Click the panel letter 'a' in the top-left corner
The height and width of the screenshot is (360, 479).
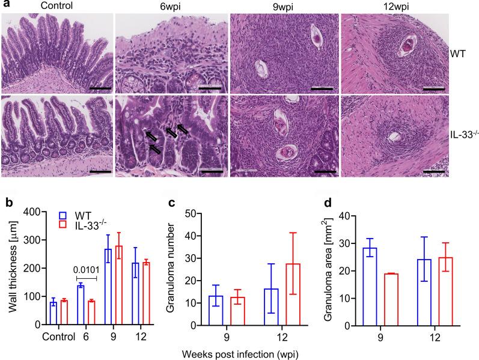pos(5,7)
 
